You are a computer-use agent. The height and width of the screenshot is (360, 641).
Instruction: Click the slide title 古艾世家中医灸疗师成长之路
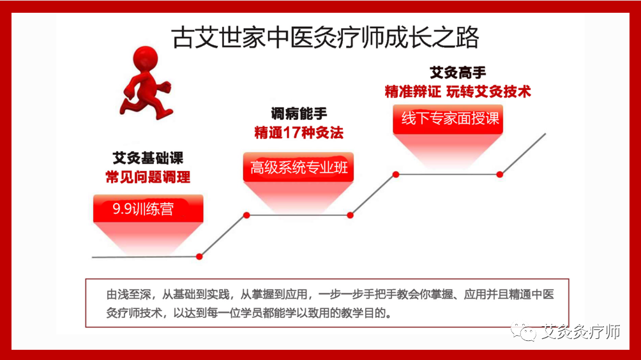tap(326, 38)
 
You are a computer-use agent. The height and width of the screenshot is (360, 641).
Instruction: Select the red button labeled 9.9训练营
tap(147, 209)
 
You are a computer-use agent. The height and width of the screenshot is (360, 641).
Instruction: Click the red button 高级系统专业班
tap(299, 168)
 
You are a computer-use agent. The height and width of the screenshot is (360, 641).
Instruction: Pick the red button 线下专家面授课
tap(449, 119)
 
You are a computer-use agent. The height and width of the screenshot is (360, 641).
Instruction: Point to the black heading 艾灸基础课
tap(147, 157)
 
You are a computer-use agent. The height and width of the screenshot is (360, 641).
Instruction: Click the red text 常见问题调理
tap(147, 177)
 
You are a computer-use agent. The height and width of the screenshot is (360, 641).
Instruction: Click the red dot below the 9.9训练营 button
tap(199, 257)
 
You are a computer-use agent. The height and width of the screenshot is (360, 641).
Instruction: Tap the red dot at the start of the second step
tap(246, 215)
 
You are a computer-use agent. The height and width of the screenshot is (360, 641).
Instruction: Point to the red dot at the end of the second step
tap(351, 215)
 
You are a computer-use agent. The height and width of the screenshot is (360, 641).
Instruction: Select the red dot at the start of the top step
tap(396, 174)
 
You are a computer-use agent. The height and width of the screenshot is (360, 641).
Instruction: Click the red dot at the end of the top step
tap(500, 174)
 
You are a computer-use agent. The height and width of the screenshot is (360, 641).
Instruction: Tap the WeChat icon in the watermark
tap(529, 333)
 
